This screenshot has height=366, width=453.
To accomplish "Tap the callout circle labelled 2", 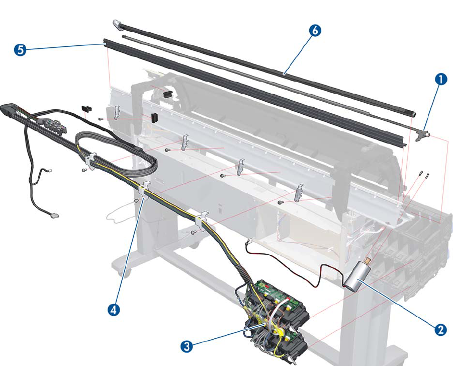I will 440,330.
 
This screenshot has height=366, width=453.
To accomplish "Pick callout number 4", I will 114,309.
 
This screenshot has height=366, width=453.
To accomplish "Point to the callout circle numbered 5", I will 19,50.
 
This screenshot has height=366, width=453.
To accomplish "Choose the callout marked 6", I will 313,30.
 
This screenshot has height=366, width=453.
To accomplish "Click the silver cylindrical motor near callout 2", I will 355,276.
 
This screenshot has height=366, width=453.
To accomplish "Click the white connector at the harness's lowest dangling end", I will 54,216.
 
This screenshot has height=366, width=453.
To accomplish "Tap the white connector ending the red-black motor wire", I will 248,242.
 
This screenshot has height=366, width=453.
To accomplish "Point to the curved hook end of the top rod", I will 117,23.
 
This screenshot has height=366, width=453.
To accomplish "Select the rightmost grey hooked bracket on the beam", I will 300,192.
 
